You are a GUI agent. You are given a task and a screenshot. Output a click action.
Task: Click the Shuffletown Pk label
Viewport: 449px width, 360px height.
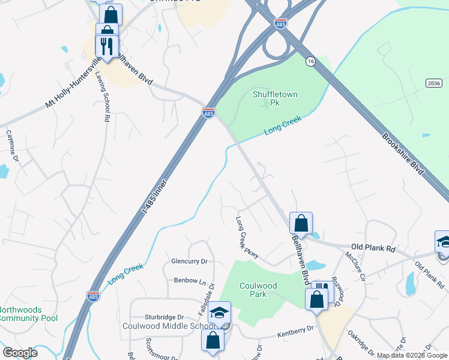[267, 98]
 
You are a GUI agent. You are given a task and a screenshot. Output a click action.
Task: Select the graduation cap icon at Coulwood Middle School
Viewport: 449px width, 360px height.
[220, 313]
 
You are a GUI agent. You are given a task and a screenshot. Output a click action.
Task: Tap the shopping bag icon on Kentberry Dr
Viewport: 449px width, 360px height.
[213, 340]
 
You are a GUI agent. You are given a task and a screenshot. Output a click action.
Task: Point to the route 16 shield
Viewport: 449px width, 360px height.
[310, 61]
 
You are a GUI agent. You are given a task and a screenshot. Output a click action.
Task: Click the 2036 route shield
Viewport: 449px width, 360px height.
[434, 82]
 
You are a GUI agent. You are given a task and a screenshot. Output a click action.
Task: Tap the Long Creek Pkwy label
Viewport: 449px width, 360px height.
[247, 238]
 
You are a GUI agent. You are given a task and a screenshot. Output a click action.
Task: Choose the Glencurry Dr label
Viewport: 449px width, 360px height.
[189, 262]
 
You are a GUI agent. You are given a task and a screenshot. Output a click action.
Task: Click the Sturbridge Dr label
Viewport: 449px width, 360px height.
[164, 317]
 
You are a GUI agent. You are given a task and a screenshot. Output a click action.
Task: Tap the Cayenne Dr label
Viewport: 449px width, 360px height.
[12, 146]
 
